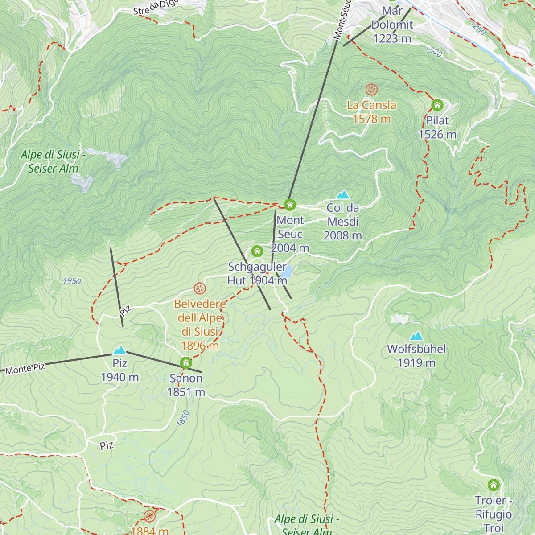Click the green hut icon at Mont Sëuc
(x=290, y=205)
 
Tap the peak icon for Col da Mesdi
(x=342, y=195)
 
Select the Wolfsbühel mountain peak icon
(x=416, y=336)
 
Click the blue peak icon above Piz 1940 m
(x=119, y=350)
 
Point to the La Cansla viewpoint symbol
(x=371, y=90)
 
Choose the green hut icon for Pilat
(x=437, y=105)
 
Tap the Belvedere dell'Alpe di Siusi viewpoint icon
(x=200, y=288)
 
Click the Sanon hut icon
(x=186, y=362)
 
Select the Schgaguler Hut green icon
(x=257, y=251)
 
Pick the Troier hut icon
(x=493, y=485)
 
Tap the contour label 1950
(x=72, y=281)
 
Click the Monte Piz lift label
(x=25, y=369)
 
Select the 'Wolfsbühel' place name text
(x=416, y=349)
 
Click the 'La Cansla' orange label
(x=371, y=105)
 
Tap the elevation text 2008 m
(x=342, y=235)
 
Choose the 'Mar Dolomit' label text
(x=392, y=18)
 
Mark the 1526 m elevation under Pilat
(x=437, y=135)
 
